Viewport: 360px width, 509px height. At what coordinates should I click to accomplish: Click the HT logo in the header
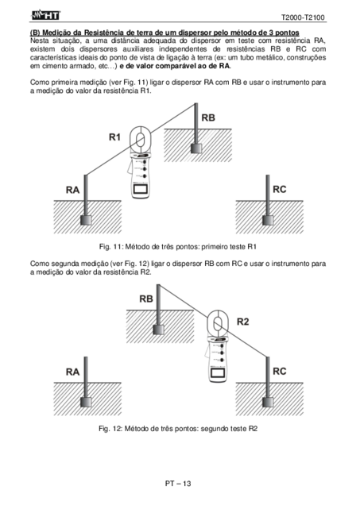coord(45,15)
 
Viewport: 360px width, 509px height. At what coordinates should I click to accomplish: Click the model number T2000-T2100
coord(303,17)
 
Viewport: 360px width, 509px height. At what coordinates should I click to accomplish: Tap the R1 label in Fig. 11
coord(114,137)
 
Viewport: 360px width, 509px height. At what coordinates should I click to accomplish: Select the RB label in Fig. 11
coord(208,118)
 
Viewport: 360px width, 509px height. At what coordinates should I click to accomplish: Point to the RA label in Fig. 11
coord(73,190)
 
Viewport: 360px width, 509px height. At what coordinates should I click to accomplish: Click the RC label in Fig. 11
coord(280,189)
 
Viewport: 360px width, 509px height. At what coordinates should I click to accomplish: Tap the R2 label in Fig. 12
coord(242,322)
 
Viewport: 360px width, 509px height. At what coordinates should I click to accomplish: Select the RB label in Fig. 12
coord(146,299)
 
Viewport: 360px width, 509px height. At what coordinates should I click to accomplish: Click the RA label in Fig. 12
coord(73,372)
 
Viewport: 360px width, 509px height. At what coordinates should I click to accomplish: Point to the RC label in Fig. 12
coord(280,371)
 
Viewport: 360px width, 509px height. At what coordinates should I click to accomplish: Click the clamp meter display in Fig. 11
coord(140,189)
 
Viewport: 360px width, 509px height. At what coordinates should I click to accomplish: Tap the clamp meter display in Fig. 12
coord(218,372)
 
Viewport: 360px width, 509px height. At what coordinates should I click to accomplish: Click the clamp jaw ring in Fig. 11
coord(130,140)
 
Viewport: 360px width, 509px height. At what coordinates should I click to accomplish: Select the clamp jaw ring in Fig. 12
coord(208,323)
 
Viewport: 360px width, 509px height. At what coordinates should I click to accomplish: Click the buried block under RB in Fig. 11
coord(196,148)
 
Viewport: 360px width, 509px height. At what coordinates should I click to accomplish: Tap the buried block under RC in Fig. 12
coord(268,402)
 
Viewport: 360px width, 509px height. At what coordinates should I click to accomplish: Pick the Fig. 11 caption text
coord(178,247)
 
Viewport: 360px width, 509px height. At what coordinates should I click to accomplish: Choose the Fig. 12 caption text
coord(178,429)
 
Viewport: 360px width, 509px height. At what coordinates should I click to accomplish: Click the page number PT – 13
coord(178,484)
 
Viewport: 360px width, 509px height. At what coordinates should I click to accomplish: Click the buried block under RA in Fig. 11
coord(86,220)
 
